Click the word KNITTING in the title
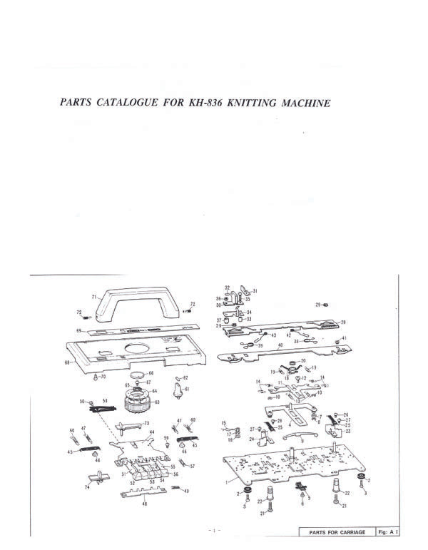point(240,103)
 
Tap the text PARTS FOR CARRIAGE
point(337,532)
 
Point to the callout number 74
point(86,487)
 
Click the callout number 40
point(280,345)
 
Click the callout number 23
point(348,432)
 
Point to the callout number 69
point(80,331)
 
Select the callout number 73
point(147,424)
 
